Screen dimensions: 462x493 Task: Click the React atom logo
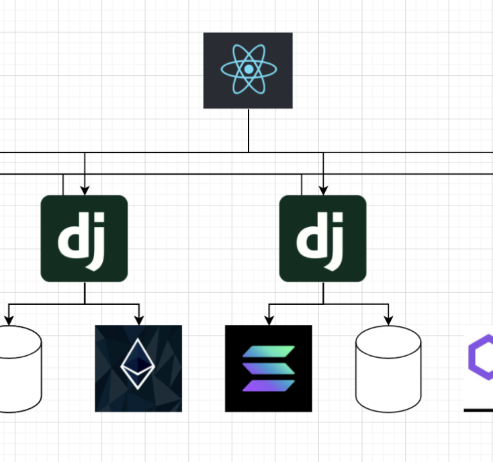click(x=248, y=70)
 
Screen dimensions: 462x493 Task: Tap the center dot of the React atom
click(x=248, y=69)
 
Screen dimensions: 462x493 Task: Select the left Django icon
click(x=84, y=238)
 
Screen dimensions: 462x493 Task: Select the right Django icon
click(x=322, y=238)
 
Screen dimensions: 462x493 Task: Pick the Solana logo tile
click(x=268, y=368)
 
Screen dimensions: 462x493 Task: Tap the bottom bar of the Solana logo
click(x=268, y=385)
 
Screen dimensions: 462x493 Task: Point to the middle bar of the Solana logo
click(x=268, y=369)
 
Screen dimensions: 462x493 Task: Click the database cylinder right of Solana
click(x=388, y=369)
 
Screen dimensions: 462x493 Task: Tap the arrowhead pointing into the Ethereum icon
click(x=138, y=320)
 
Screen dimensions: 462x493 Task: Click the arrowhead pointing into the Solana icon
click(x=269, y=320)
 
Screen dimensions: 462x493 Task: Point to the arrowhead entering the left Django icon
click(x=85, y=191)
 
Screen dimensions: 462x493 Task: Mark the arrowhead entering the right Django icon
click(x=323, y=191)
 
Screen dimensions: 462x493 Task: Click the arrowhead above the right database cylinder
click(x=388, y=320)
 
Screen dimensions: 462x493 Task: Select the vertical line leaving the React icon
click(x=249, y=130)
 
